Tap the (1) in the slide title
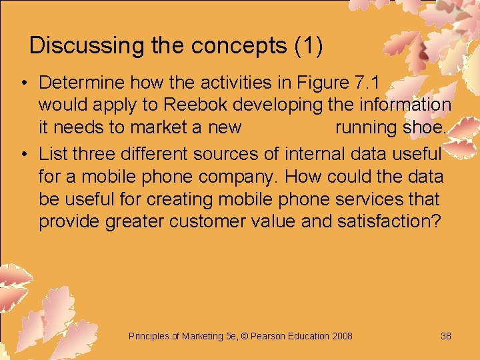(x=308, y=45)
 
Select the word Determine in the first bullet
(x=82, y=83)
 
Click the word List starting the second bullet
(x=53, y=154)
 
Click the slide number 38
(x=446, y=336)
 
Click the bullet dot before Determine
(x=23, y=83)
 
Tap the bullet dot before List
(x=23, y=155)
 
